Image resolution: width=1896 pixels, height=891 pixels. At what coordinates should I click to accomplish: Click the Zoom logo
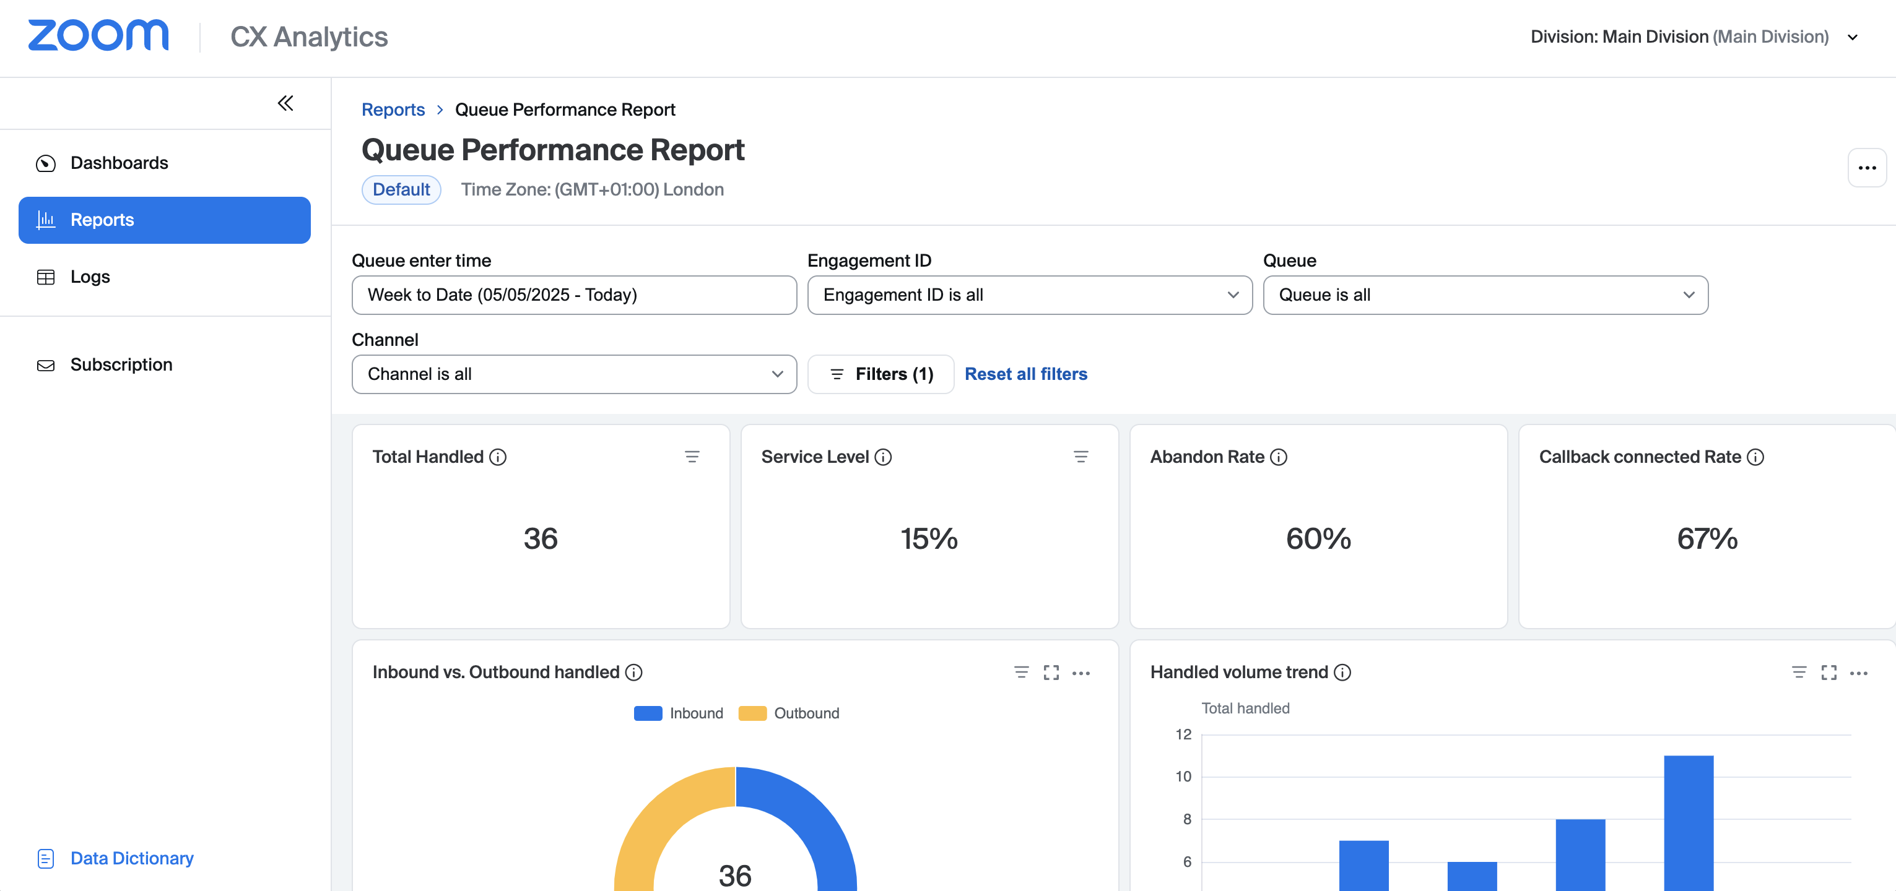(98, 35)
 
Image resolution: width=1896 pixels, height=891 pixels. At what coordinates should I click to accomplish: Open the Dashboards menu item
(118, 163)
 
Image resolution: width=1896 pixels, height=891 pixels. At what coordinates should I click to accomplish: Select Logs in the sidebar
(90, 277)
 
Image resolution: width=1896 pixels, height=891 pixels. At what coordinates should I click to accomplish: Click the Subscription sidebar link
(121, 364)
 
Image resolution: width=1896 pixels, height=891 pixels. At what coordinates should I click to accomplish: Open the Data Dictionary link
(131, 858)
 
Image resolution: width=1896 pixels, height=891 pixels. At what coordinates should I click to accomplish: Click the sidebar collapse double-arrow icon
(285, 103)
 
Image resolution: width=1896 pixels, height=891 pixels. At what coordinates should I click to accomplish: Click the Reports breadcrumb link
(393, 110)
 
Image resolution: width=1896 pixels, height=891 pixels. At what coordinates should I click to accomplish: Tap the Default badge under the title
(401, 189)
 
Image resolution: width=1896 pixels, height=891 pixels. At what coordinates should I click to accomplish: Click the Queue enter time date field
(574, 295)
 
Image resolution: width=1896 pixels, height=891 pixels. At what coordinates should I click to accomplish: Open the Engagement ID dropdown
(1029, 295)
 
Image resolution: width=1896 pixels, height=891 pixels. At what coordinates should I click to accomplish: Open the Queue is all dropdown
(1485, 295)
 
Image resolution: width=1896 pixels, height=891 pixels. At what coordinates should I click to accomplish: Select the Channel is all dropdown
(574, 374)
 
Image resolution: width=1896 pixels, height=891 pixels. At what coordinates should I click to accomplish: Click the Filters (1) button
(881, 374)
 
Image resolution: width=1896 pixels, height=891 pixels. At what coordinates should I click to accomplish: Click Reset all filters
(1025, 374)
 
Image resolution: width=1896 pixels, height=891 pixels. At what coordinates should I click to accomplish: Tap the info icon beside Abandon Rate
(1279, 457)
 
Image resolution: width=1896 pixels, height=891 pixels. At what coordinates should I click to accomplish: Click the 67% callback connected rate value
(1707, 538)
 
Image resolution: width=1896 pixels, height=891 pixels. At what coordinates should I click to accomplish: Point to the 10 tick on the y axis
(1183, 777)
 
